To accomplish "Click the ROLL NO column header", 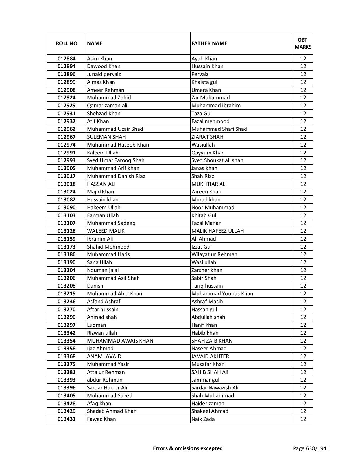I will click(66, 43).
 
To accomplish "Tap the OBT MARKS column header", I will click(303, 43).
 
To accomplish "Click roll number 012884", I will click(66, 59).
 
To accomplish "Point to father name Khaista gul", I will click(204, 82).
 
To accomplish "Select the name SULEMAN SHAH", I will click(106, 137).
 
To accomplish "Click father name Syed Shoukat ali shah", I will click(217, 160).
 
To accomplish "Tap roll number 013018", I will click(66, 184).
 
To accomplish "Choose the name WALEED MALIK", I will click(106, 231).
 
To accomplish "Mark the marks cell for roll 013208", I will click(303, 286).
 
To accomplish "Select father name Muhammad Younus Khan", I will click(222, 294).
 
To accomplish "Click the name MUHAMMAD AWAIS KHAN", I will click(120, 341).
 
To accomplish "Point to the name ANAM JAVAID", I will click(104, 356).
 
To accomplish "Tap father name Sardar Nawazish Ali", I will click(215, 388).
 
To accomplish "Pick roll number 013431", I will click(66, 419).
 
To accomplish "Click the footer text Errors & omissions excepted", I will click(188, 448).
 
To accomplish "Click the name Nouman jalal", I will click(103, 270).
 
